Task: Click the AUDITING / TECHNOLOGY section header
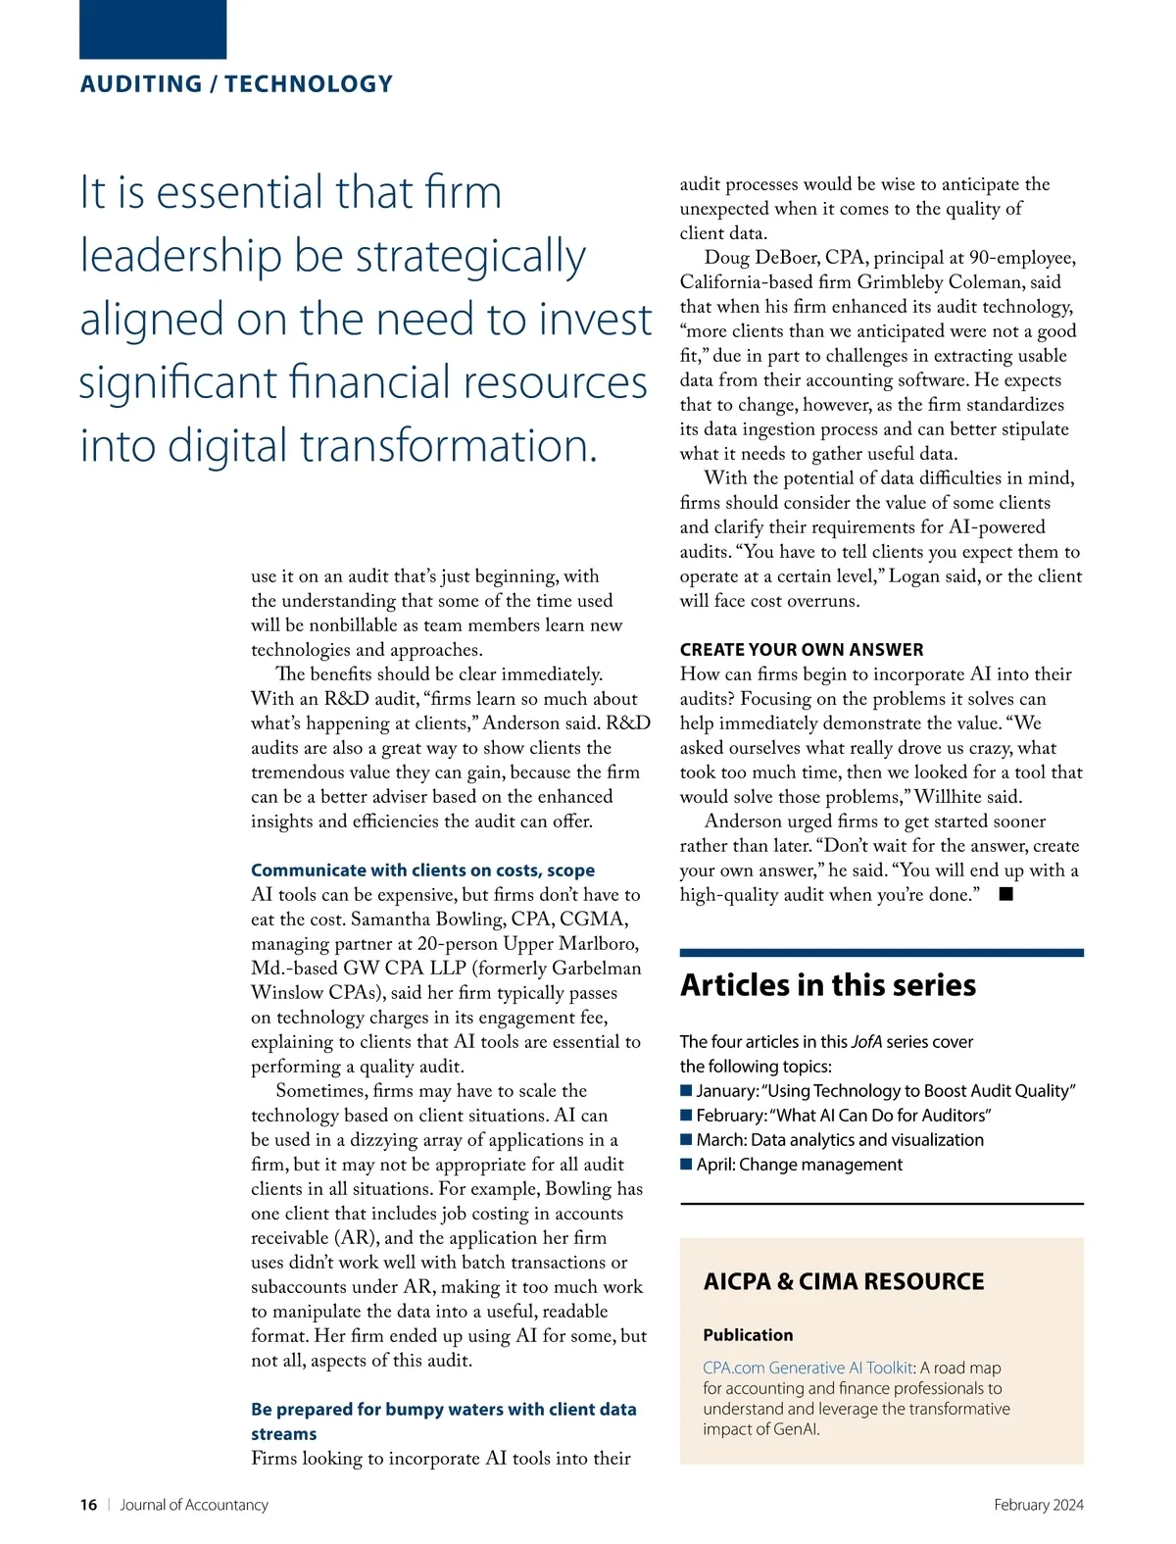click(236, 84)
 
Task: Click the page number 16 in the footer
click(88, 1505)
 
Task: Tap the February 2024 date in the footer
click(1038, 1505)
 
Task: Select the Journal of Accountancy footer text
click(194, 1505)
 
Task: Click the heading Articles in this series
click(828, 985)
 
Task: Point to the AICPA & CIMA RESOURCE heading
click(844, 1281)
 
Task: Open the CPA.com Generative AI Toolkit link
click(808, 1368)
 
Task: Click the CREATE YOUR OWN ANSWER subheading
click(802, 650)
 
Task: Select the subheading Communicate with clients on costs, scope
click(422, 871)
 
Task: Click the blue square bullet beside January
click(686, 1091)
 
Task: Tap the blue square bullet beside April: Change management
click(686, 1165)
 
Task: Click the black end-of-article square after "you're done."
click(1005, 894)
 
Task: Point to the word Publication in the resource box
click(748, 1335)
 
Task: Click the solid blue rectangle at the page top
click(153, 29)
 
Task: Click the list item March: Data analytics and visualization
click(840, 1140)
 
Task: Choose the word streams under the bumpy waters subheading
click(283, 1434)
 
